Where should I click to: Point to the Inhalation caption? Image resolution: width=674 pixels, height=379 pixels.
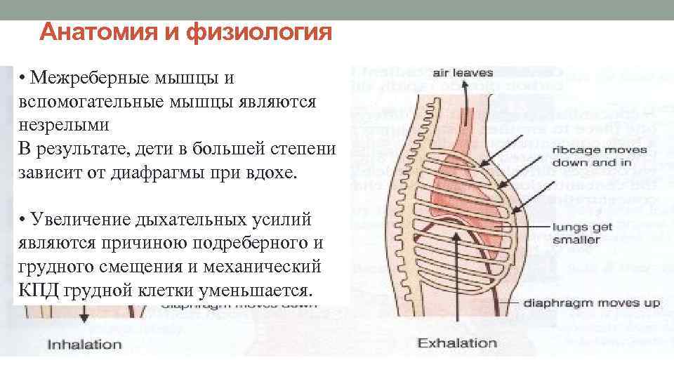coord(84,345)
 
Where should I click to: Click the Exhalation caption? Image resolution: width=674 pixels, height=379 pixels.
coord(457,343)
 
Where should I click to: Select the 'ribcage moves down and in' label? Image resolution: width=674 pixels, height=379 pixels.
coord(591,156)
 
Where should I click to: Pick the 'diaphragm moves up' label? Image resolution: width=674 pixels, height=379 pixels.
coord(593,304)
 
